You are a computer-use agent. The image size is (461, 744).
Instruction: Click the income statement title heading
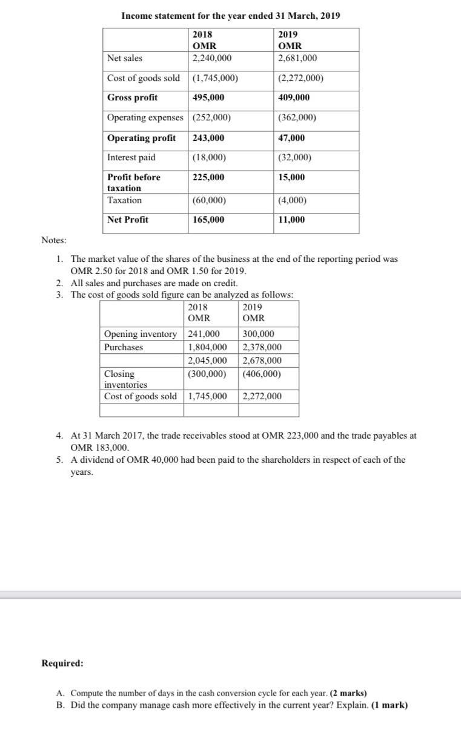pyautogui.click(x=230, y=16)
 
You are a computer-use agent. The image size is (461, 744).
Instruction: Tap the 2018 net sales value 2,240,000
pyautogui.click(x=211, y=59)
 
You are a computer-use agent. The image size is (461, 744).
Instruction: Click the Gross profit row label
pyautogui.click(x=132, y=98)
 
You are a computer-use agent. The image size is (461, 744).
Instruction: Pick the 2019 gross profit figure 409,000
pyautogui.click(x=293, y=98)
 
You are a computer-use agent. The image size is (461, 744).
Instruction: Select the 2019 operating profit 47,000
pyautogui.click(x=291, y=138)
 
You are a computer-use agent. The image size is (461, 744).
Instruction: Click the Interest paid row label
pyautogui.click(x=131, y=158)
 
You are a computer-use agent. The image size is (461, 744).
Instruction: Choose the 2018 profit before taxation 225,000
pyautogui.click(x=208, y=177)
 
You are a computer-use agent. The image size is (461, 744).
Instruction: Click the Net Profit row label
pyautogui.click(x=127, y=220)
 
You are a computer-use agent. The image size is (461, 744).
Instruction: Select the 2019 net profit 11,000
pyautogui.click(x=291, y=220)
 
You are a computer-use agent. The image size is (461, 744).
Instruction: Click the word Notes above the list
pyautogui.click(x=54, y=241)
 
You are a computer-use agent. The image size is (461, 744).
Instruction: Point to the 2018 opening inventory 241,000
pyautogui.click(x=204, y=334)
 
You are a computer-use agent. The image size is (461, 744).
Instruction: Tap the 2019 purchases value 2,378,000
pyautogui.click(x=262, y=347)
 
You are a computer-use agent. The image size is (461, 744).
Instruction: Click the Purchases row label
pyautogui.click(x=124, y=347)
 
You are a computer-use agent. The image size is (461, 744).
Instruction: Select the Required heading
pyautogui.click(x=62, y=663)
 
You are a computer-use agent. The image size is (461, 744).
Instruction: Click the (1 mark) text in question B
pyautogui.click(x=390, y=705)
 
